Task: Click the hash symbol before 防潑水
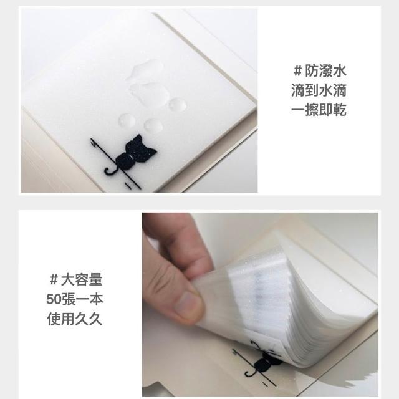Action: click(297, 70)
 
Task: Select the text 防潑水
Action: click(325, 70)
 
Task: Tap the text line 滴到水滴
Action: click(319, 90)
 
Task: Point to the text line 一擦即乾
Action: click(319, 110)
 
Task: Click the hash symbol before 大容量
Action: click(54, 280)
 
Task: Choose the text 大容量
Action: click(82, 279)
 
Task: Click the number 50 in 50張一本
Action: click(54, 299)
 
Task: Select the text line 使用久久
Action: click(75, 319)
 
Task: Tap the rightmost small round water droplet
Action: click(177, 104)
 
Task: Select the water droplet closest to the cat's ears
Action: click(153, 125)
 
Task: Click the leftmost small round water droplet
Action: click(127, 120)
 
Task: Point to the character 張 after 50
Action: click(68, 299)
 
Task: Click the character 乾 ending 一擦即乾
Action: click(339, 110)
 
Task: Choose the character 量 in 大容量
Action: click(95, 279)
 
